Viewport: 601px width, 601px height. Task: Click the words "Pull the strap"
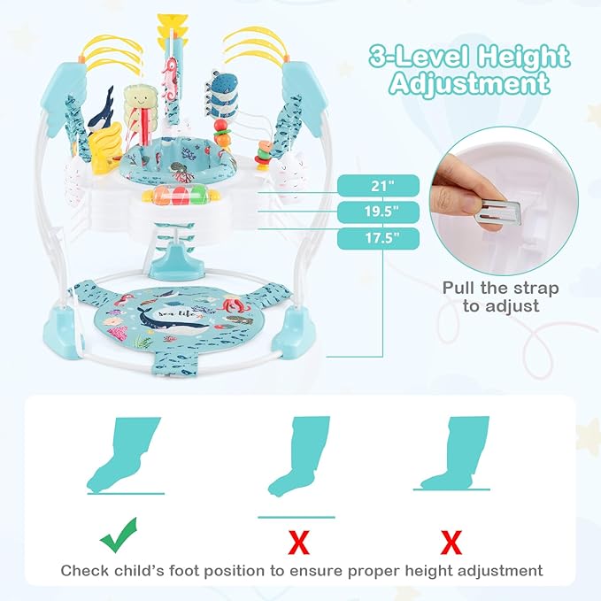point(501,289)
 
